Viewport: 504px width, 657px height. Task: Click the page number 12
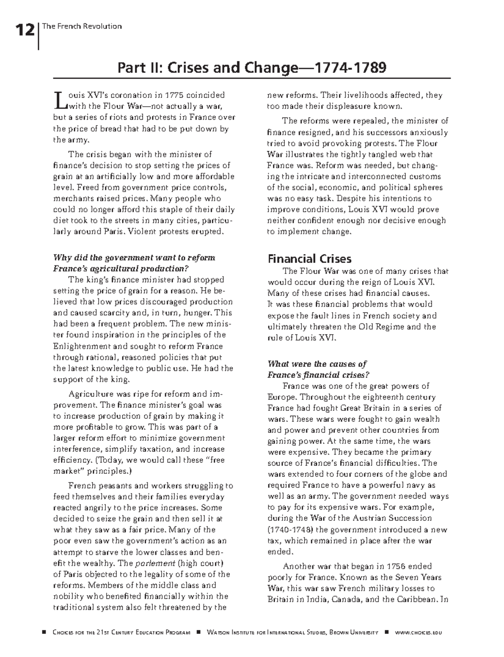point(24,30)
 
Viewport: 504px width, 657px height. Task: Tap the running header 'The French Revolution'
point(82,26)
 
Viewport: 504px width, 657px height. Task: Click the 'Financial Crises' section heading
point(310,258)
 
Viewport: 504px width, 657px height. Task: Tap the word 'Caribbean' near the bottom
point(415,599)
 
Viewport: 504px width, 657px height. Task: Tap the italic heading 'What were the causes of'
point(317,364)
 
